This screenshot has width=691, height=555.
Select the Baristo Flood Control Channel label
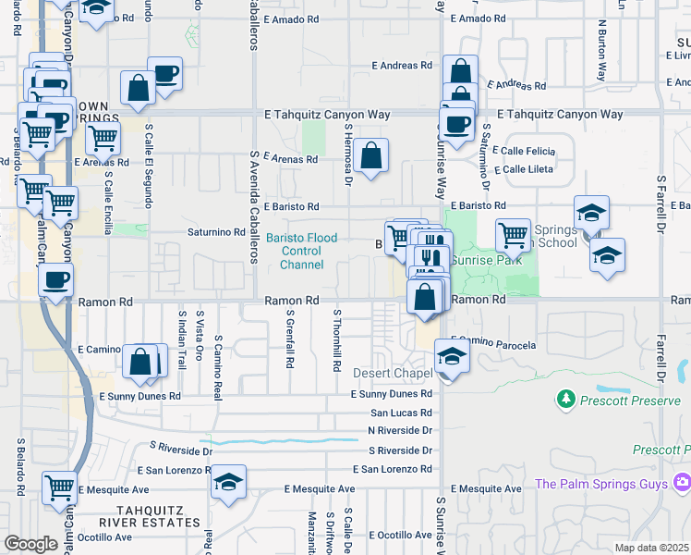click(302, 251)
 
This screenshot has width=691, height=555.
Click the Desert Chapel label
click(394, 373)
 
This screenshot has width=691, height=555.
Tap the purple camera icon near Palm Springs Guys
click(682, 482)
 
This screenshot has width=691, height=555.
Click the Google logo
click(30, 544)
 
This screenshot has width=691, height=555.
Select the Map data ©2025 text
click(650, 548)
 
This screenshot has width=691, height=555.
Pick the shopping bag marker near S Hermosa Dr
click(370, 157)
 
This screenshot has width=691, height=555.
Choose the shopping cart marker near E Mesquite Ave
click(59, 486)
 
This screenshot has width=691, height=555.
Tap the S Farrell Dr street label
click(661, 219)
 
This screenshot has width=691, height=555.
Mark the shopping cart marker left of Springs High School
click(513, 234)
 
